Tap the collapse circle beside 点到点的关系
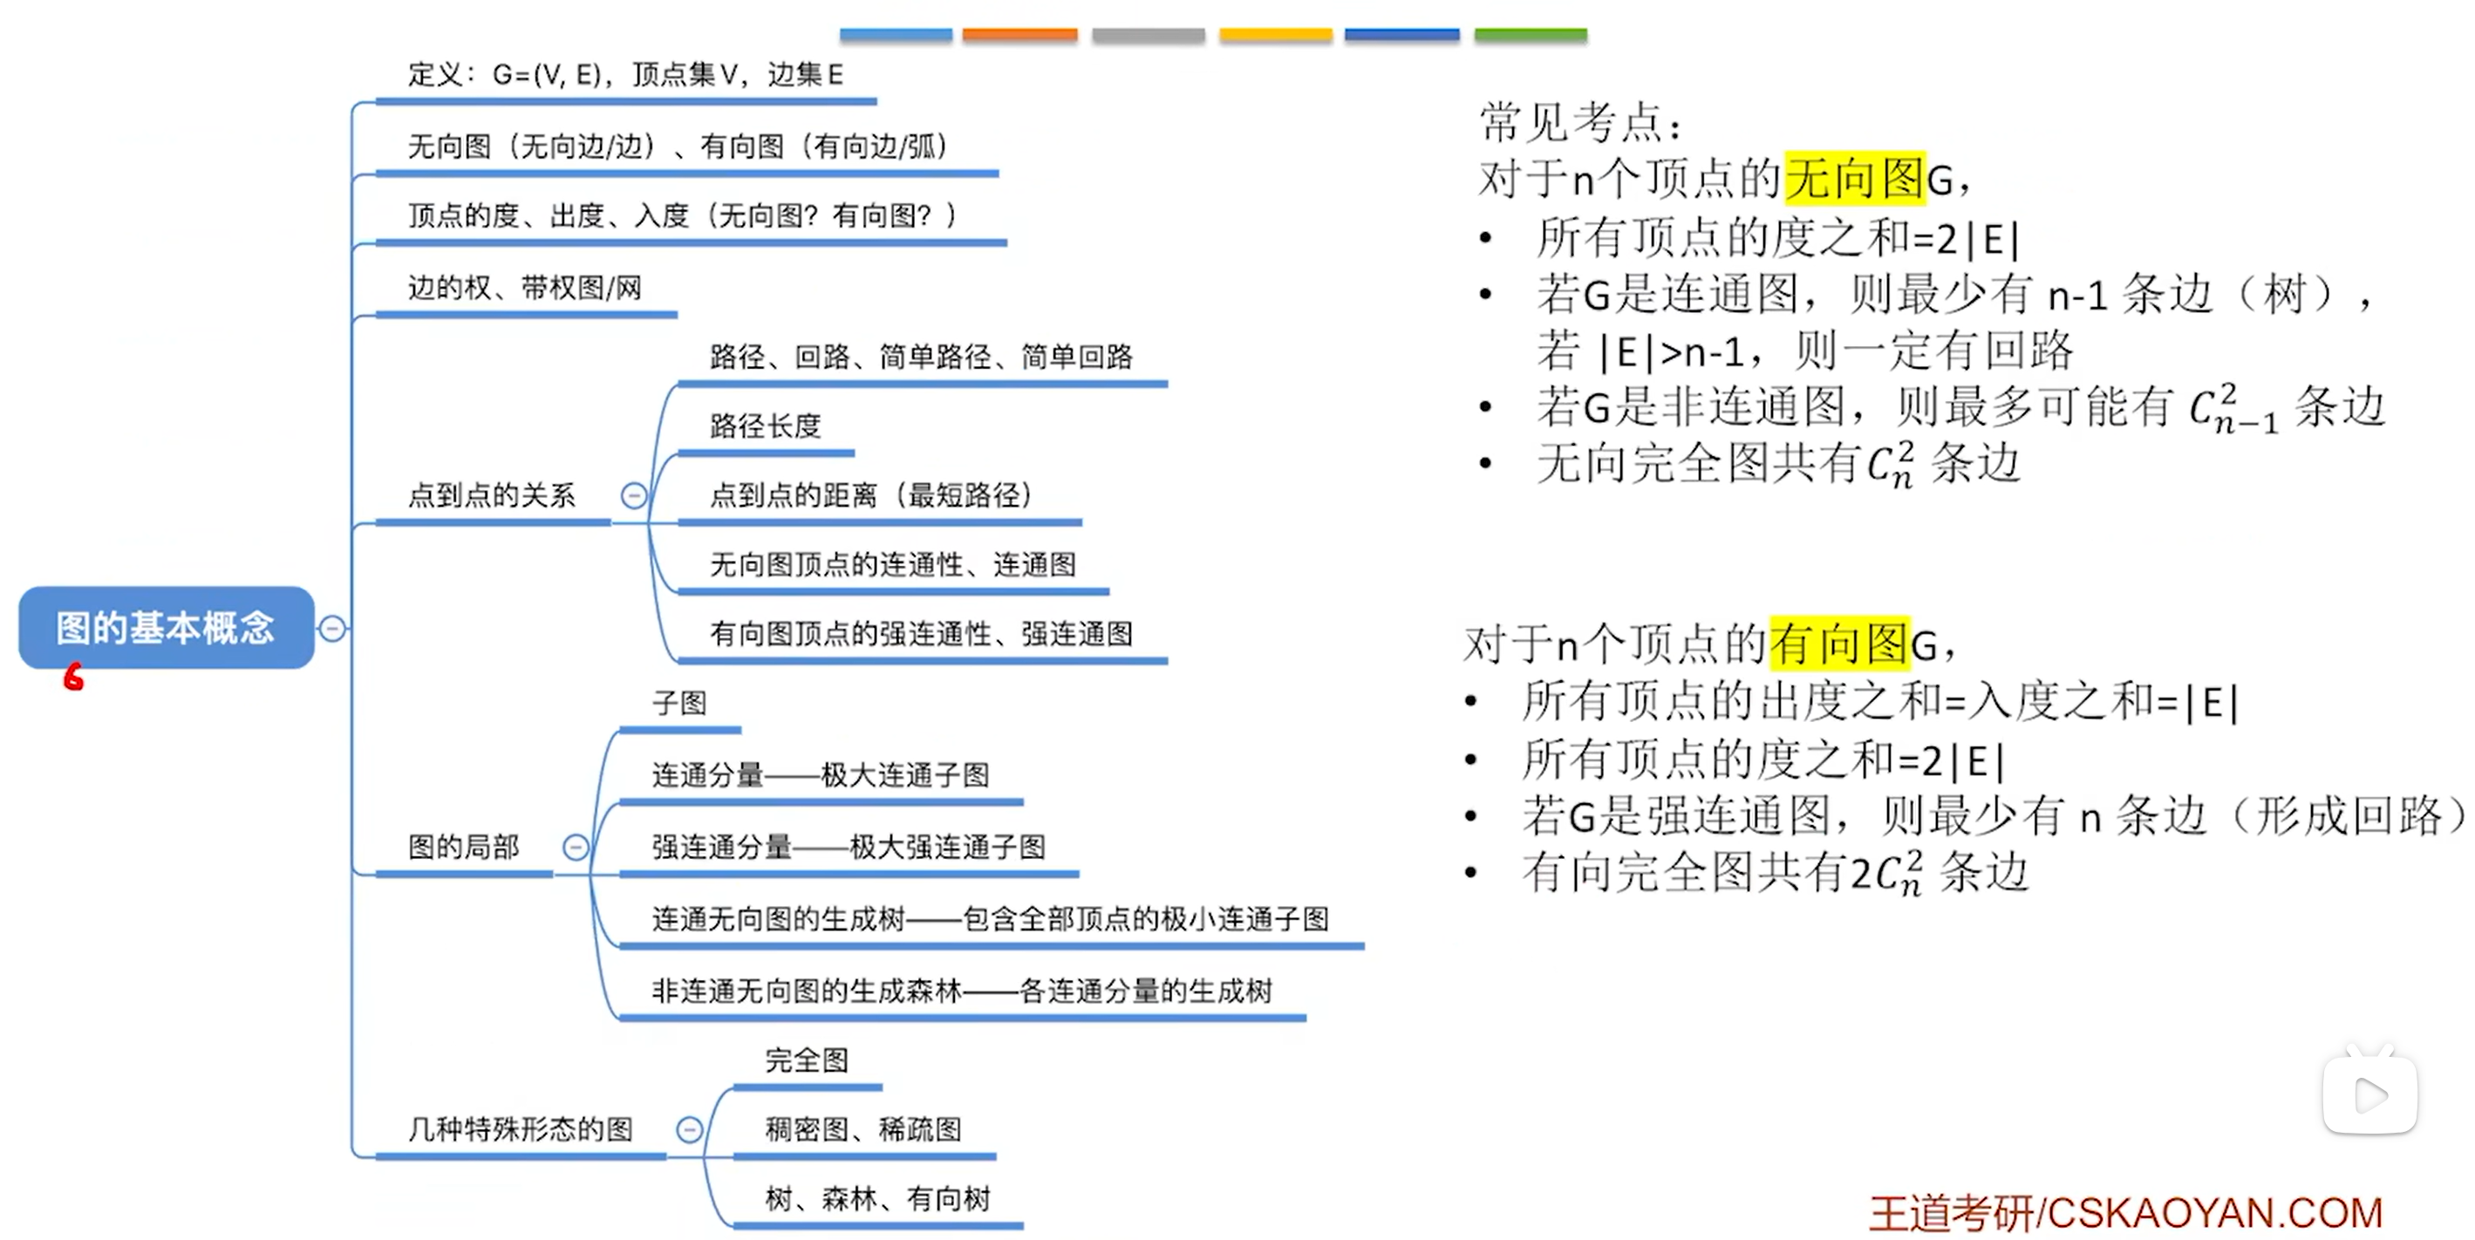pyautogui.click(x=634, y=495)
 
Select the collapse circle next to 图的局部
pyautogui.click(x=576, y=847)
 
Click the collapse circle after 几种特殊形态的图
pyautogui.click(x=690, y=1129)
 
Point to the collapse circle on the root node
pyautogui.click(x=332, y=628)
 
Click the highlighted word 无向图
pyautogui.click(x=1854, y=178)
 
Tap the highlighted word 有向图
pyautogui.click(x=1839, y=643)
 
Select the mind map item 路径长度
pyautogui.click(x=765, y=426)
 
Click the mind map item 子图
pyautogui.click(x=679, y=703)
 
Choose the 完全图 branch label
pyautogui.click(x=807, y=1060)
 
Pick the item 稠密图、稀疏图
pyautogui.click(x=862, y=1129)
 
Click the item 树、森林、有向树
pyautogui.click(x=877, y=1199)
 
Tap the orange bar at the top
pyautogui.click(x=1019, y=35)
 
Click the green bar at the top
pyautogui.click(x=1531, y=35)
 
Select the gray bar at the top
pyautogui.click(x=1149, y=35)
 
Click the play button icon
pyautogui.click(x=2370, y=1095)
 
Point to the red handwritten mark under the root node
pyautogui.click(x=74, y=678)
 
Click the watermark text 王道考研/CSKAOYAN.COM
pyautogui.click(x=2126, y=1213)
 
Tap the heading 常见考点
pyautogui.click(x=1580, y=122)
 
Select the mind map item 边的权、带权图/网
pyautogui.click(x=525, y=287)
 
